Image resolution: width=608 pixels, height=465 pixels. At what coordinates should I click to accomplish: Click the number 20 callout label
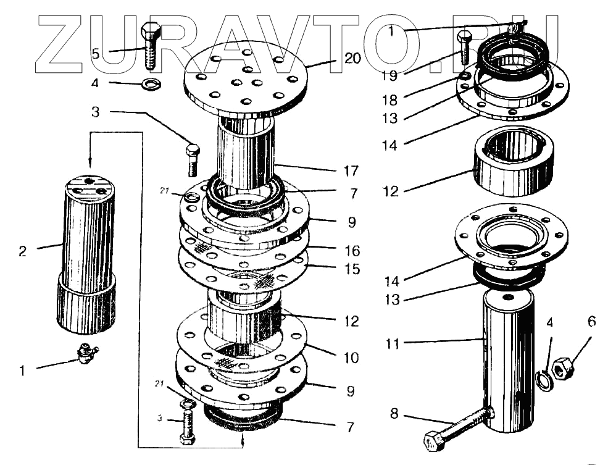tap(352, 59)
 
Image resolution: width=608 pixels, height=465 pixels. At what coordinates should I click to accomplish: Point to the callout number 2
tap(23, 251)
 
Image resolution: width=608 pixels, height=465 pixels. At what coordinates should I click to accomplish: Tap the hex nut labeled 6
tap(563, 369)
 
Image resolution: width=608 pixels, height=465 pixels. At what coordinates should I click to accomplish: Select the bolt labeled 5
tap(151, 46)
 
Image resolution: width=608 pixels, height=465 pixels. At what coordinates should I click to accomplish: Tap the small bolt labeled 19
tap(464, 48)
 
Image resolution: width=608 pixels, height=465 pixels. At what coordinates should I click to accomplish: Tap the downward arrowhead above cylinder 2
tap(90, 164)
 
